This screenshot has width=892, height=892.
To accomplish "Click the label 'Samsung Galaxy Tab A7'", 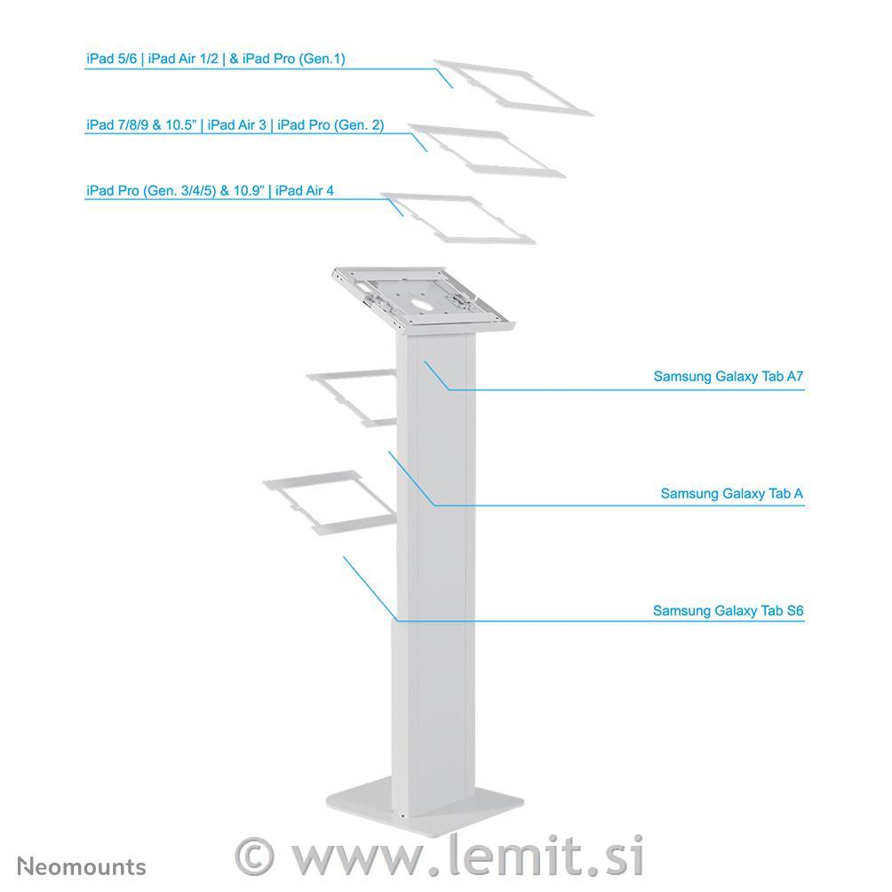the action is tap(729, 377).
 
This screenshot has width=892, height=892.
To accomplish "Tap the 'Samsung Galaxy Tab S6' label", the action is tap(729, 611).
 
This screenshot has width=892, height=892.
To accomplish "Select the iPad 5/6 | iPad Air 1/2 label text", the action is tap(153, 59).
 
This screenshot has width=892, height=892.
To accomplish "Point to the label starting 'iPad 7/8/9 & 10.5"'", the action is tap(235, 125).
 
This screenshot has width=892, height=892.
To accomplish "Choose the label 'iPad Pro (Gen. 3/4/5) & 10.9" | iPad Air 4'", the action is tap(210, 191).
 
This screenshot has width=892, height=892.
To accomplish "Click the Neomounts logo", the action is tap(82, 867).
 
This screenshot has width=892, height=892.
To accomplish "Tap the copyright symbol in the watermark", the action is tap(254, 856).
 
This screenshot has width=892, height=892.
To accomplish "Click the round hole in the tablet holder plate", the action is tap(423, 305).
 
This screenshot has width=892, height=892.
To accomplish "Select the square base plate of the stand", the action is tap(425, 807).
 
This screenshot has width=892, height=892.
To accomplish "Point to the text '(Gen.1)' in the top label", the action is tap(323, 60).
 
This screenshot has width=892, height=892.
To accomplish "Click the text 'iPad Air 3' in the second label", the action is tap(236, 125).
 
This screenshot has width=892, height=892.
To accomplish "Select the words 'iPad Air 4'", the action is tap(305, 191).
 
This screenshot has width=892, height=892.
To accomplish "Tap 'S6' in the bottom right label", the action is tap(795, 611).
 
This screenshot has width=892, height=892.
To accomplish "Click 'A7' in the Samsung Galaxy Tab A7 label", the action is tap(795, 377).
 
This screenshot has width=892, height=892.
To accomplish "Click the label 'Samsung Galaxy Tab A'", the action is tap(731, 494).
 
